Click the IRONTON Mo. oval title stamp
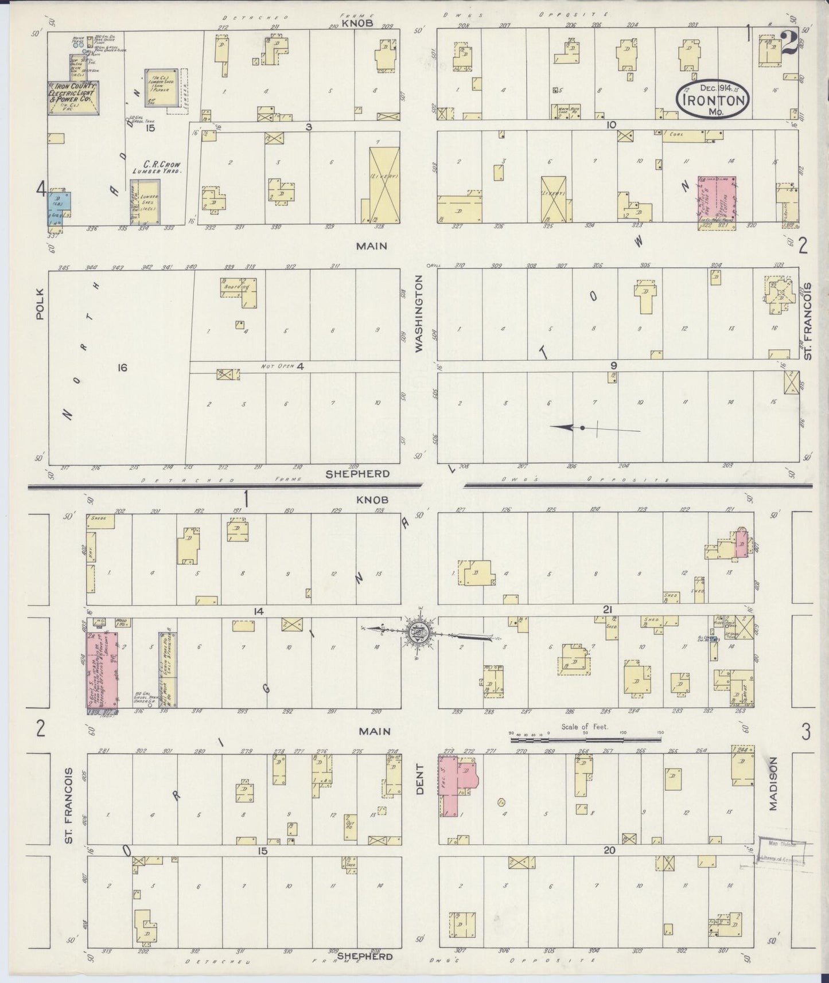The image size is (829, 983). tap(714, 99)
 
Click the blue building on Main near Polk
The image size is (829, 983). tap(59, 207)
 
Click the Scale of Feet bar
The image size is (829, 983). tap(585, 739)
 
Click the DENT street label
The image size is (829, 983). tap(419, 782)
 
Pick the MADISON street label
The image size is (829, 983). tap(773, 791)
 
